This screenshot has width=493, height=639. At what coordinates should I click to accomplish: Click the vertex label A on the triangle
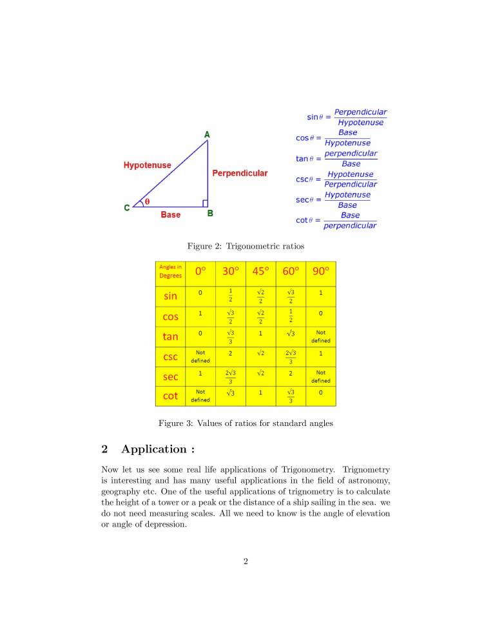tap(207, 134)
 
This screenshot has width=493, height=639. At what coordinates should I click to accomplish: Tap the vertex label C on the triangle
tap(127, 208)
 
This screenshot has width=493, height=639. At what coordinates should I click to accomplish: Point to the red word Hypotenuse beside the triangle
tap(148, 165)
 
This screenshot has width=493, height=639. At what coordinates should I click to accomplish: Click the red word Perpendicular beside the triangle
tap(240, 173)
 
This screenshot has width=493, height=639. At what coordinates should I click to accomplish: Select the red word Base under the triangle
tap(171, 214)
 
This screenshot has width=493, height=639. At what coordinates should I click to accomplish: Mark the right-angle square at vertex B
tap(204, 203)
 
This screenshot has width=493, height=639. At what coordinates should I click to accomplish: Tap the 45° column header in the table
tap(260, 271)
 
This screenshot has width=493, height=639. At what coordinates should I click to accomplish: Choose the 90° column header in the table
tap(320, 271)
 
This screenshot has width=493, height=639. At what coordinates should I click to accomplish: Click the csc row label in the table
tap(170, 356)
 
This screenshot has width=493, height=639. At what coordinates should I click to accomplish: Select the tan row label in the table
tap(170, 336)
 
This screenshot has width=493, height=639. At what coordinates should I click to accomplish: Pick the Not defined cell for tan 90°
tap(320, 336)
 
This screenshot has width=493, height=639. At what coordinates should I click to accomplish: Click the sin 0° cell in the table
tap(200, 293)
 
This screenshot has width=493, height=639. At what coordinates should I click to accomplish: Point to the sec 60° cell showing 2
tap(291, 373)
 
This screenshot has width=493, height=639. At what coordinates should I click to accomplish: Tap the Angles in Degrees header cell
tap(171, 271)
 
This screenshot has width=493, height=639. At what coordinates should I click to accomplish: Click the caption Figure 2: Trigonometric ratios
tap(246, 246)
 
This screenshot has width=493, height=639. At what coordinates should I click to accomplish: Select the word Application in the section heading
tap(153, 449)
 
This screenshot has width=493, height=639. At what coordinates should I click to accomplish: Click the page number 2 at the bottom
tap(246, 561)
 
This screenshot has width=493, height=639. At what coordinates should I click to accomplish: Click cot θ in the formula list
tap(304, 220)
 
